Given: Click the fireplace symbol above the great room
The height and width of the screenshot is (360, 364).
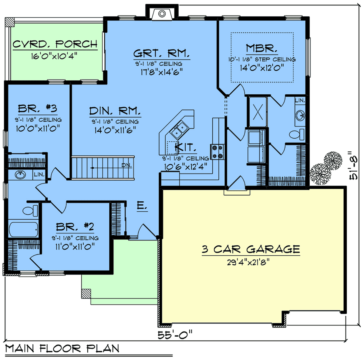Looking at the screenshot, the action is (162, 14).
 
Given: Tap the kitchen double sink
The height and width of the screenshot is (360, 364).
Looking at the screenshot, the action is (179, 130).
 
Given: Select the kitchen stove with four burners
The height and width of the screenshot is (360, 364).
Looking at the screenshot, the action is (217, 152).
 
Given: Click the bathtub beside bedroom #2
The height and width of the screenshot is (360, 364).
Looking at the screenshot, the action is (23, 229).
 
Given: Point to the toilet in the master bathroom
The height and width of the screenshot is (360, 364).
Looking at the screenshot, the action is (297, 134).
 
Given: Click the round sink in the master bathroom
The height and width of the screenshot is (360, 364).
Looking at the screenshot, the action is (300, 115).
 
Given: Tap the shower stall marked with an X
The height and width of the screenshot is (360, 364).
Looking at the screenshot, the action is (258, 112).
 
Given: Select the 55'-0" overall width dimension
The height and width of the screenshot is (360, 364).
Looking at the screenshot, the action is (175, 335).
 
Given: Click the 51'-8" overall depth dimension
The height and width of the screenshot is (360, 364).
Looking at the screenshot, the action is (353, 166).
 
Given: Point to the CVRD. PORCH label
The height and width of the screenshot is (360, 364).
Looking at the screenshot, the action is (55, 44).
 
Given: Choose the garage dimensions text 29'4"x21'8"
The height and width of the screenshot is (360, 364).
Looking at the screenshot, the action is (248, 263).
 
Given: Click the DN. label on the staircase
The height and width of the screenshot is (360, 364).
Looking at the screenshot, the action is (126, 165).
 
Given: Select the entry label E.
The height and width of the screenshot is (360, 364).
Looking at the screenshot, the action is (142, 206).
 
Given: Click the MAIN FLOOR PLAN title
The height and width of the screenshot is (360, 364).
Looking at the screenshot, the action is (62, 348).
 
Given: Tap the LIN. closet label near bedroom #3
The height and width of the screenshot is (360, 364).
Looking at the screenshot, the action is (39, 174).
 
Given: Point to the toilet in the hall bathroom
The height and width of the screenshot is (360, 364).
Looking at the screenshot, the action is (30, 210).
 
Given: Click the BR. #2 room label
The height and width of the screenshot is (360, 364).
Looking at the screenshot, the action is (75, 227).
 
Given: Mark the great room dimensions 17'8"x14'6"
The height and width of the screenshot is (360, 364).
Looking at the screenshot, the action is (162, 72).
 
